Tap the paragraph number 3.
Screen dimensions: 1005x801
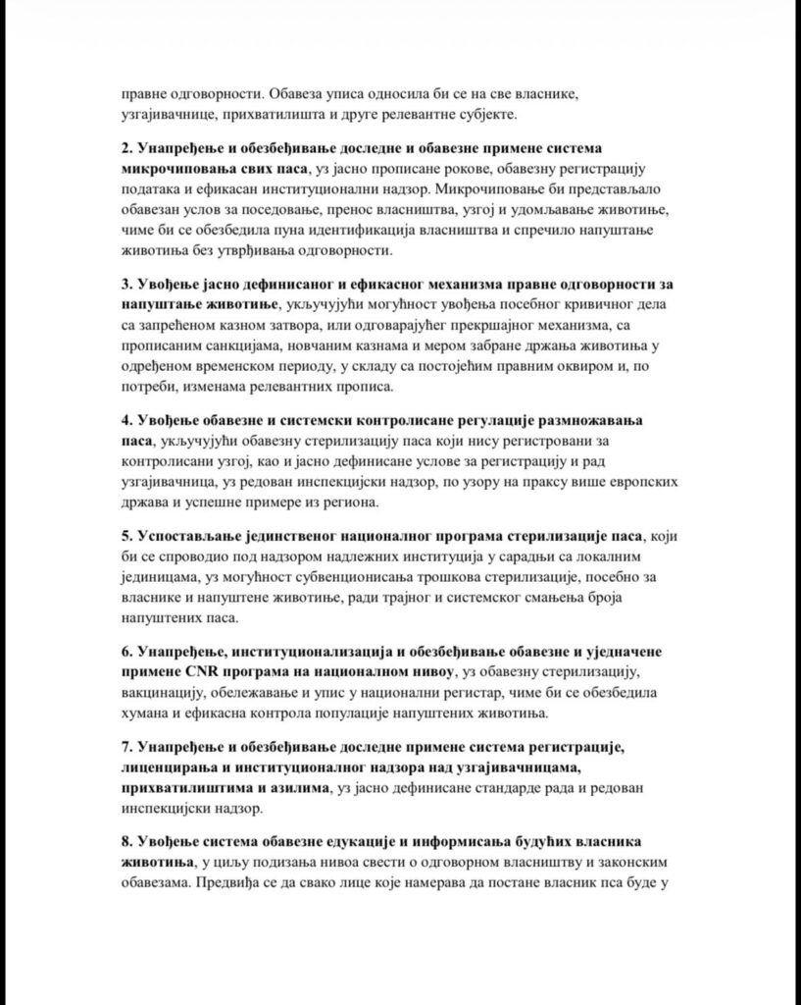pos(126,285)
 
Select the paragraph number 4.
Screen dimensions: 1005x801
pos(126,420)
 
